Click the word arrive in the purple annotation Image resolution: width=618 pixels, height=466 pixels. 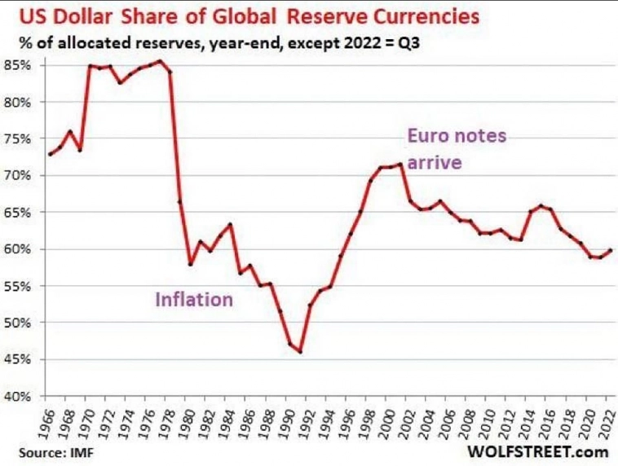(x=435, y=163)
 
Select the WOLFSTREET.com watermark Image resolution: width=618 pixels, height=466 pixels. (x=538, y=451)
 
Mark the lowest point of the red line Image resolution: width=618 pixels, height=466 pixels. (x=300, y=352)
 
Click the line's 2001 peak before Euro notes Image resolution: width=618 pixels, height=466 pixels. (x=400, y=165)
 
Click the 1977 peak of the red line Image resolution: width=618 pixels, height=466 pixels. (x=161, y=61)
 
